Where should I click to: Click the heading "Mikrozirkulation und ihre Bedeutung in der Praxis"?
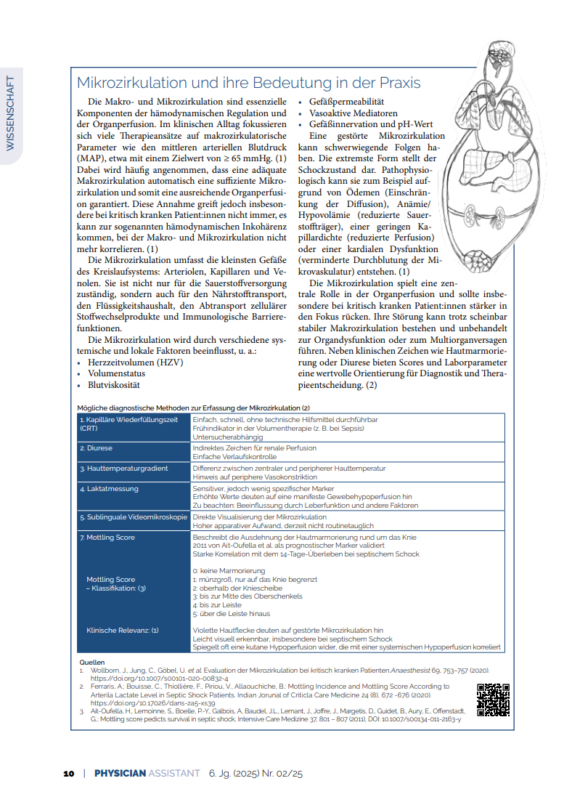[x=248, y=83]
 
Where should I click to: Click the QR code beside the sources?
[x=493, y=700]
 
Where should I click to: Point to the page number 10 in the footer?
[x=69, y=774]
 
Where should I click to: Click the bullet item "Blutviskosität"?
[x=113, y=385]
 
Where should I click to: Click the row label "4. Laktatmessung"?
[x=110, y=489]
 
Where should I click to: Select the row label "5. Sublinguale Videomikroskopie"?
[x=133, y=517]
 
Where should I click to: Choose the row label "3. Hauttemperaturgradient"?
[x=123, y=469]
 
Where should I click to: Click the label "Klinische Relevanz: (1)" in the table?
[x=122, y=630]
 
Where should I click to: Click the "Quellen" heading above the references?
[x=91, y=663]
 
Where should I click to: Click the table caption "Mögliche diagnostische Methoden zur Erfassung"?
[x=193, y=408]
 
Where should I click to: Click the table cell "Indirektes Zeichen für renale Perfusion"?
[x=254, y=448]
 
